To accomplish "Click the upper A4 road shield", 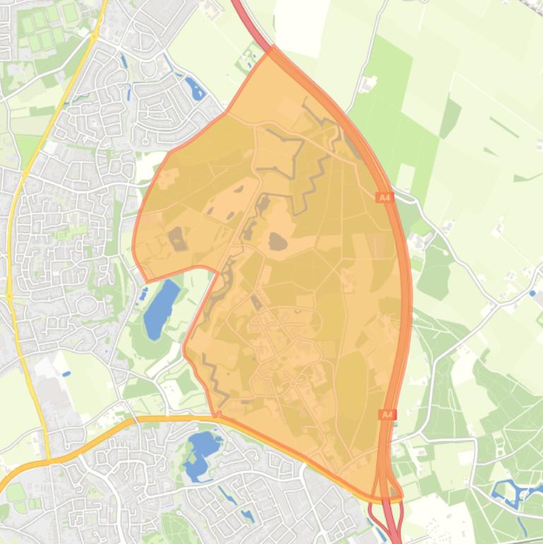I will pos(383,198).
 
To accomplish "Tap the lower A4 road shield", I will pos(386,415).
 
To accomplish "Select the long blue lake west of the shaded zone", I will pos(161,309).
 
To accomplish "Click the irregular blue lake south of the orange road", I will pos(201,452).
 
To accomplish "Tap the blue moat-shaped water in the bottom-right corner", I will pos(512,490).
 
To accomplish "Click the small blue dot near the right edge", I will pos(532,292).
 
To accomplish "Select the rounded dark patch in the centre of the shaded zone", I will pos(278,242).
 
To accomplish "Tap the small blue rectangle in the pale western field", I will pos(66,373).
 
